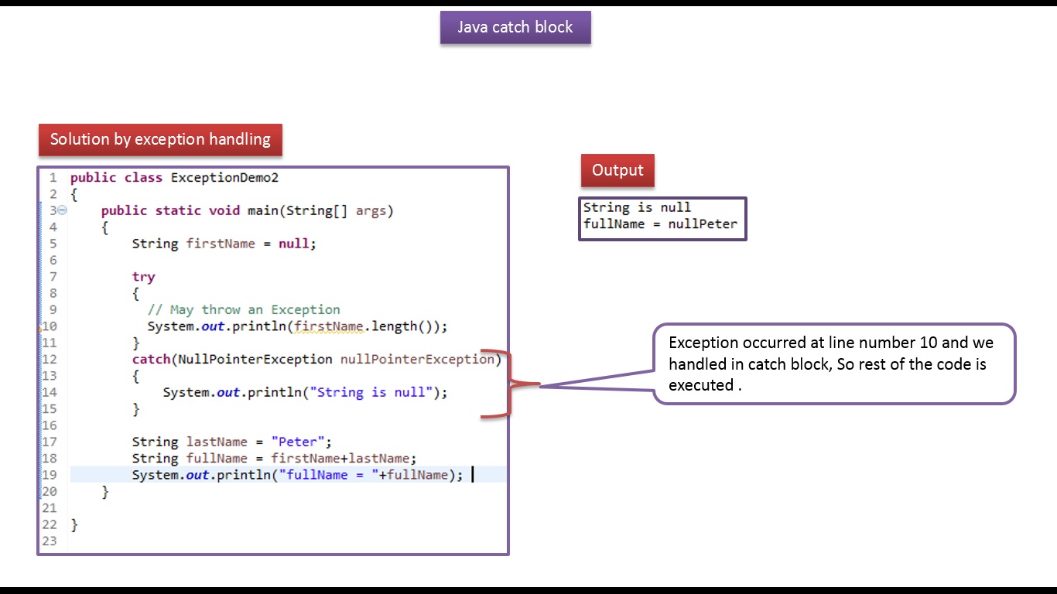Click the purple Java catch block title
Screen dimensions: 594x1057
click(x=515, y=28)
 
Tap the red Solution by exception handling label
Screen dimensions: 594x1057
click(x=160, y=140)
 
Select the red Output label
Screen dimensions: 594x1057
click(x=617, y=171)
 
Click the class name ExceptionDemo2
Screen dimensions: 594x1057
click(x=224, y=178)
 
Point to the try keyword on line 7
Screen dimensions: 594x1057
click(x=143, y=277)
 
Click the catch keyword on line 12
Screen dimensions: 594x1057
click(x=151, y=360)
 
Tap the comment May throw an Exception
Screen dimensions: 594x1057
click(x=244, y=310)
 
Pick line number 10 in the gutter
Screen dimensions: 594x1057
click(x=50, y=326)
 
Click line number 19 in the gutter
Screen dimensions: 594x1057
click(x=50, y=475)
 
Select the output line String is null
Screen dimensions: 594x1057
click(x=637, y=208)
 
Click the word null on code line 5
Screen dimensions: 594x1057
click(x=294, y=244)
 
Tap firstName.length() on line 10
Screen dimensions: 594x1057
click(x=367, y=326)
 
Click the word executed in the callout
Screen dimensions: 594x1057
click(x=700, y=385)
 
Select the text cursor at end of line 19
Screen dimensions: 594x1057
click(x=472, y=475)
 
